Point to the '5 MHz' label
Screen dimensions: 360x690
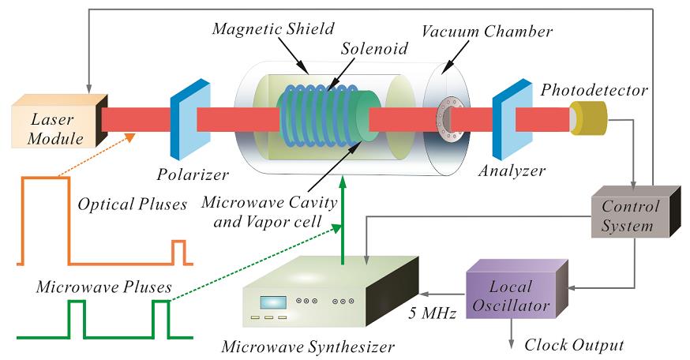point(430,313)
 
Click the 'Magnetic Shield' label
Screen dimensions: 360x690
point(264,29)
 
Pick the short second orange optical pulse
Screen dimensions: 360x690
point(178,251)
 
